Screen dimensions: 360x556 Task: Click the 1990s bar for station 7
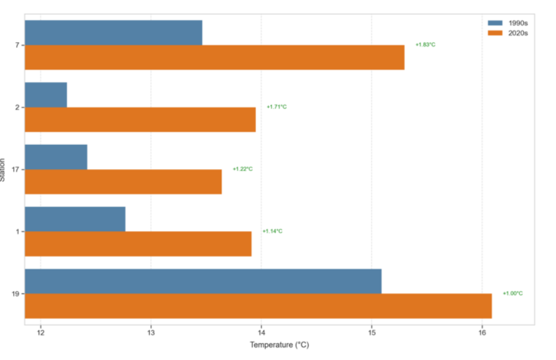(x=114, y=32)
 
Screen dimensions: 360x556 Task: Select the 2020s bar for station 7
(x=214, y=57)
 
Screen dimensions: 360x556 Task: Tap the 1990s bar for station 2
(x=46, y=95)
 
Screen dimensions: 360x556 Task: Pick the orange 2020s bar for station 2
(x=140, y=119)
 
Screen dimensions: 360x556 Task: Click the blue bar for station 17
(x=56, y=157)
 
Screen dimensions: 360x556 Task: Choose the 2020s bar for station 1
(x=138, y=244)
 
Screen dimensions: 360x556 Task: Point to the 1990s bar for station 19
(x=203, y=281)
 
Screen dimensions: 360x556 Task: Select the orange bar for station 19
(x=258, y=306)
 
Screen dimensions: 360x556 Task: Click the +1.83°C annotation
(x=426, y=45)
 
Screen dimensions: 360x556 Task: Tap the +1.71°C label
(x=276, y=107)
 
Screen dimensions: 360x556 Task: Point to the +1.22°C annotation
(x=243, y=169)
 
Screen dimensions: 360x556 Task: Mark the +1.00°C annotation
(x=513, y=293)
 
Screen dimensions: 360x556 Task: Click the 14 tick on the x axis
(x=261, y=333)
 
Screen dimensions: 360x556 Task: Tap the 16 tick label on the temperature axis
(x=481, y=333)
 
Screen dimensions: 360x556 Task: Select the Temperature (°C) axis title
(x=279, y=345)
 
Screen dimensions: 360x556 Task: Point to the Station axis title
(x=3, y=169)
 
